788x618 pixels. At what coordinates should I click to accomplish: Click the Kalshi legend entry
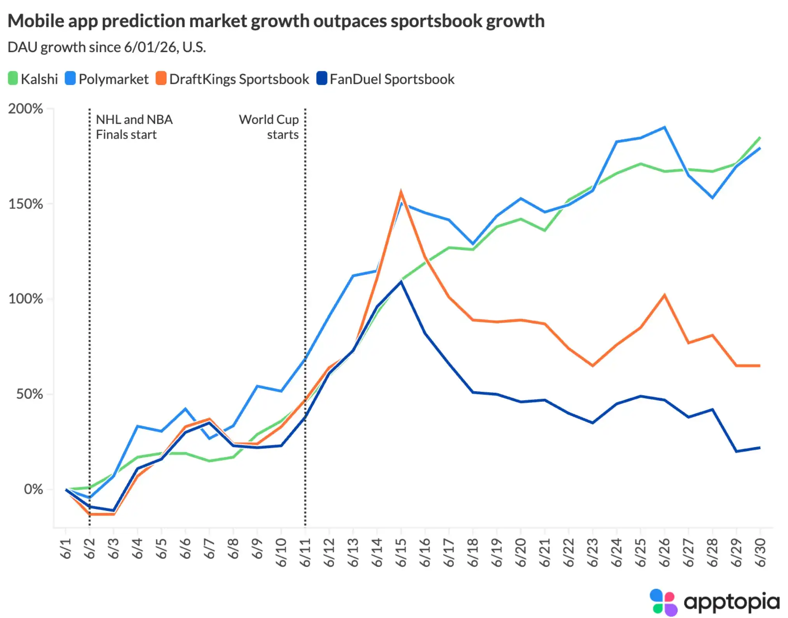33,79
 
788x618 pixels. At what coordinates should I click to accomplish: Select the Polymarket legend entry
107,79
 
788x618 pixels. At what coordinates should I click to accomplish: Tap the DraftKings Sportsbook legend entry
232,79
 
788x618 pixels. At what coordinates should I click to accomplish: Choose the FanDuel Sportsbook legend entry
385,79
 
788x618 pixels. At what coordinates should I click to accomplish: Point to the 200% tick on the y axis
25,109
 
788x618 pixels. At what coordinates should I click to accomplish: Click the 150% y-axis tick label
25,204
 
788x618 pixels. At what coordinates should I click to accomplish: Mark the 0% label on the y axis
33,489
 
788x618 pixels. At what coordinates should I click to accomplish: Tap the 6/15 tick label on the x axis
401,552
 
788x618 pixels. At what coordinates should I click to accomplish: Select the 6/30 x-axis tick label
760,552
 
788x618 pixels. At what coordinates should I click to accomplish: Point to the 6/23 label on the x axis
592,552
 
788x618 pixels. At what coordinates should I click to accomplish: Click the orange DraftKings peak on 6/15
401,191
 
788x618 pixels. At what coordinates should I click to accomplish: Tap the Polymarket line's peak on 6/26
664,127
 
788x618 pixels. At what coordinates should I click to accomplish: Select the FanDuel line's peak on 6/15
401,282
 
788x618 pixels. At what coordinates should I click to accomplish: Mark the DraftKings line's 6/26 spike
664,295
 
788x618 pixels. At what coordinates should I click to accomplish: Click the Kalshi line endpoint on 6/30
760,137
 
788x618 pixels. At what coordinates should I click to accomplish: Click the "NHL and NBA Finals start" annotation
134,127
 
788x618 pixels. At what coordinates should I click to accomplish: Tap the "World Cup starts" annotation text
269,127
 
